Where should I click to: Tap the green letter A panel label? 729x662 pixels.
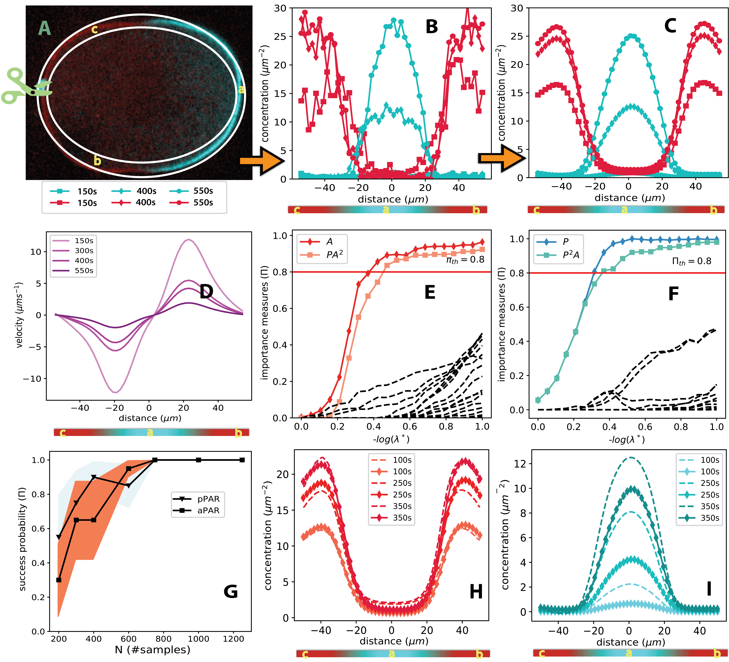tap(44, 28)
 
